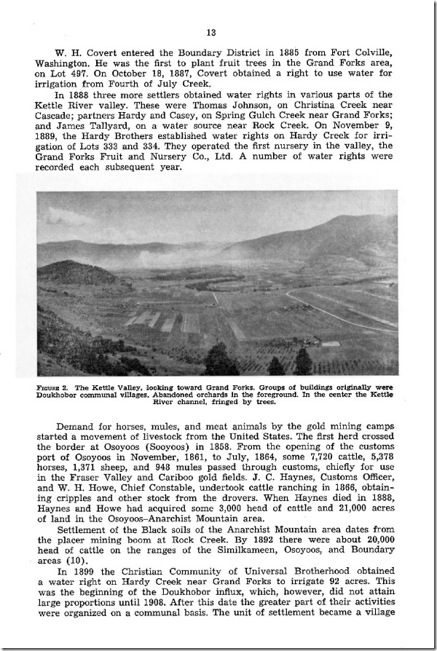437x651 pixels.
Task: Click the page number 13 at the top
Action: [x=212, y=32]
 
